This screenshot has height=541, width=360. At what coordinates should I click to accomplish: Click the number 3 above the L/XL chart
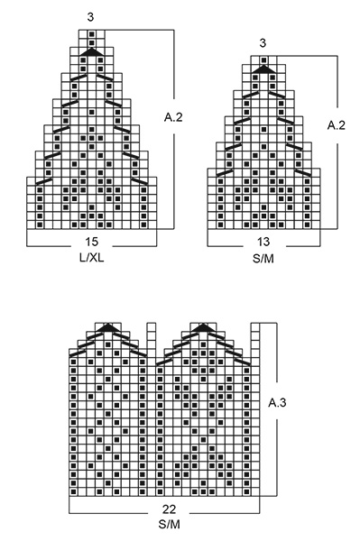92,17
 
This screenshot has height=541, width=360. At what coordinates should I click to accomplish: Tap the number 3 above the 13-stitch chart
263,42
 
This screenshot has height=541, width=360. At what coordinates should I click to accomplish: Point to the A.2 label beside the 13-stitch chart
336,126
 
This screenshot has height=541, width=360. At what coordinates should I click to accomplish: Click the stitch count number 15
92,242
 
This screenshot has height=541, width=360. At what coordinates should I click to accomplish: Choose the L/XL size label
92,257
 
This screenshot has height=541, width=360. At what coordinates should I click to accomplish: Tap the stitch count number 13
263,242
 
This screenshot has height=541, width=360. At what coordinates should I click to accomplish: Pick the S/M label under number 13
263,257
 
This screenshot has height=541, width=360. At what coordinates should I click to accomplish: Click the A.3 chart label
280,404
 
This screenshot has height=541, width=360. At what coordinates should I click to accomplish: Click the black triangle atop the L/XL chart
92,53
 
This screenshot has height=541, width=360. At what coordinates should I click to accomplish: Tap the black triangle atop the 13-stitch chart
263,69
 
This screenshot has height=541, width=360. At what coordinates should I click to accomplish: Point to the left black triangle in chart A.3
110,327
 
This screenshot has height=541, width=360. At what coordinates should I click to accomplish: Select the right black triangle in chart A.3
203,327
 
